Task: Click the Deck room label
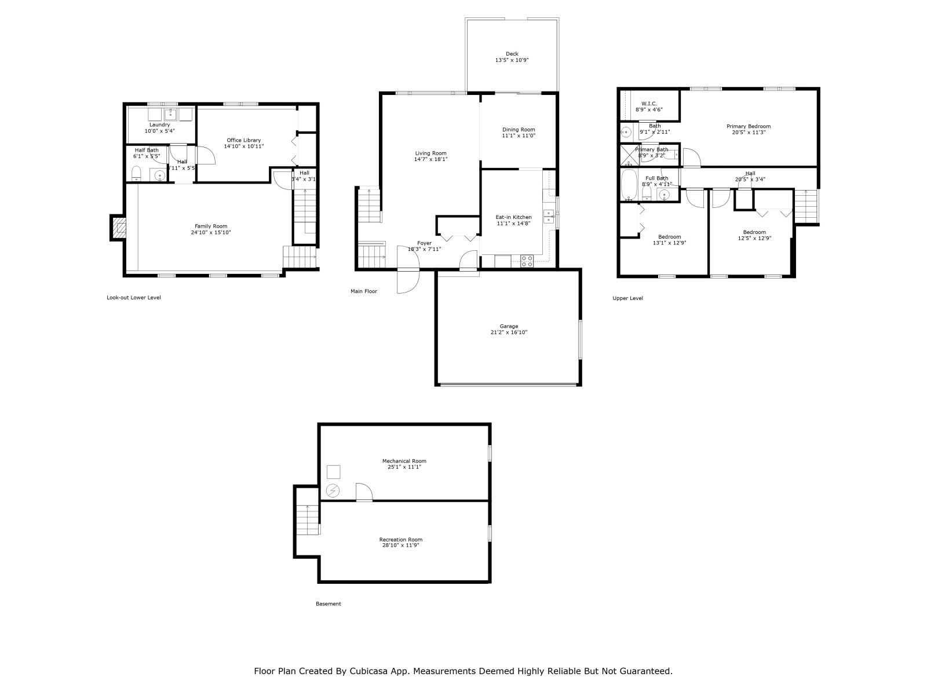tap(512, 54)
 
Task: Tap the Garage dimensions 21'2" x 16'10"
tap(509, 332)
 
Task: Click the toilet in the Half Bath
tap(136, 173)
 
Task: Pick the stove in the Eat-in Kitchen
tap(527, 261)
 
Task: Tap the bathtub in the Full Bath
tap(629, 184)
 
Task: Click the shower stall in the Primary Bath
tap(629, 155)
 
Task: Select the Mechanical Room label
tap(404, 461)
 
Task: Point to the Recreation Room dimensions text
tap(401, 545)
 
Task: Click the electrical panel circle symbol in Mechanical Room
tap(333, 491)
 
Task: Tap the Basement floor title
tap(328, 604)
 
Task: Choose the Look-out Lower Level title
tap(133, 298)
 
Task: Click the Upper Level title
tap(627, 298)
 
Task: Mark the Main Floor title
tap(364, 291)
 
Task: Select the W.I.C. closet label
tap(649, 104)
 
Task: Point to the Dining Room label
tap(519, 130)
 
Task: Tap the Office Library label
tap(244, 140)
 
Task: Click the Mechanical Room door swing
tap(364, 492)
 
